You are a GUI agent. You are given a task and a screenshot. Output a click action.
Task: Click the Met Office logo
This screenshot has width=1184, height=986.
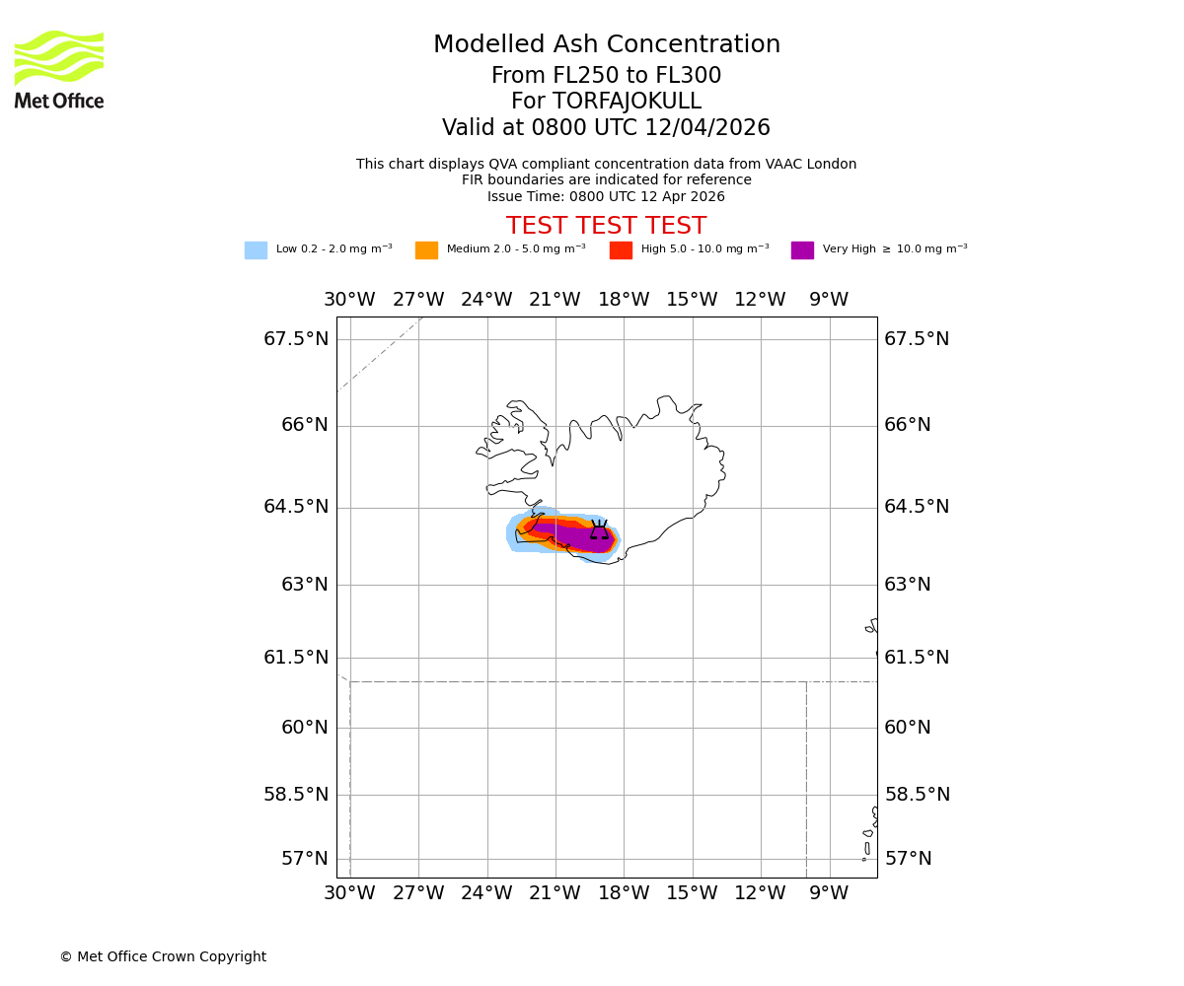[59, 69]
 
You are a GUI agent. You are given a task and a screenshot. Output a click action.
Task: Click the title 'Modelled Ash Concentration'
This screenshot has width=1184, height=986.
[606, 45]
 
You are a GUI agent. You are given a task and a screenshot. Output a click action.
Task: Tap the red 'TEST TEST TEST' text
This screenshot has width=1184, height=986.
[606, 227]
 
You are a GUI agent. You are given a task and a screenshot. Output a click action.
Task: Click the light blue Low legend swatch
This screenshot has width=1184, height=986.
[256, 250]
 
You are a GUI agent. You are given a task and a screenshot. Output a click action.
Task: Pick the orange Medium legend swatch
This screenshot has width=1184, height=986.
[426, 250]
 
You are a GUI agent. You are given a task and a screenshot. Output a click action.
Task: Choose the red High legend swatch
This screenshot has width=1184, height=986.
[621, 250]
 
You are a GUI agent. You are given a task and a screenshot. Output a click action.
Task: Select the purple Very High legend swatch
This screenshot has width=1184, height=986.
[802, 250]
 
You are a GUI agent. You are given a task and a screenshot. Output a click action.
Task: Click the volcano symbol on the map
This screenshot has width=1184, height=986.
[599, 531]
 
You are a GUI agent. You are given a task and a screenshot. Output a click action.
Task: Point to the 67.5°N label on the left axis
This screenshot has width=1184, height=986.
[296, 339]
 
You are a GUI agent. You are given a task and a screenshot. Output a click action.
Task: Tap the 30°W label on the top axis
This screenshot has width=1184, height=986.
[349, 300]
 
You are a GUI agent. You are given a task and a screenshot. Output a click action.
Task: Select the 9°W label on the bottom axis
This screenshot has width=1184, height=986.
[829, 893]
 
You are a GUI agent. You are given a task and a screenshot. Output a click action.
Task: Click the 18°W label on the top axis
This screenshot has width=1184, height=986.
[624, 300]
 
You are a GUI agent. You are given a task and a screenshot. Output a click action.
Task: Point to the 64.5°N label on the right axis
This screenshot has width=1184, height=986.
[917, 507]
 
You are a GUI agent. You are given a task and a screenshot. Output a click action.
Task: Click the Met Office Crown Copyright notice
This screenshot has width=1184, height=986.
[163, 957]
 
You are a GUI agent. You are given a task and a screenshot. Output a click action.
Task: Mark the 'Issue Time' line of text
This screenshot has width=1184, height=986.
[606, 197]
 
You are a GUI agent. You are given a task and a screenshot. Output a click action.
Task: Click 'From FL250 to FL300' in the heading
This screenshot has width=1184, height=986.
[606, 76]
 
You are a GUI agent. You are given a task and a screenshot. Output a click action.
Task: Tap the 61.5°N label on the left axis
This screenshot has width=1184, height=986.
[296, 658]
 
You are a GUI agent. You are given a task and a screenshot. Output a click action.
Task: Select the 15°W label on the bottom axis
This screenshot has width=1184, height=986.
[692, 893]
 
